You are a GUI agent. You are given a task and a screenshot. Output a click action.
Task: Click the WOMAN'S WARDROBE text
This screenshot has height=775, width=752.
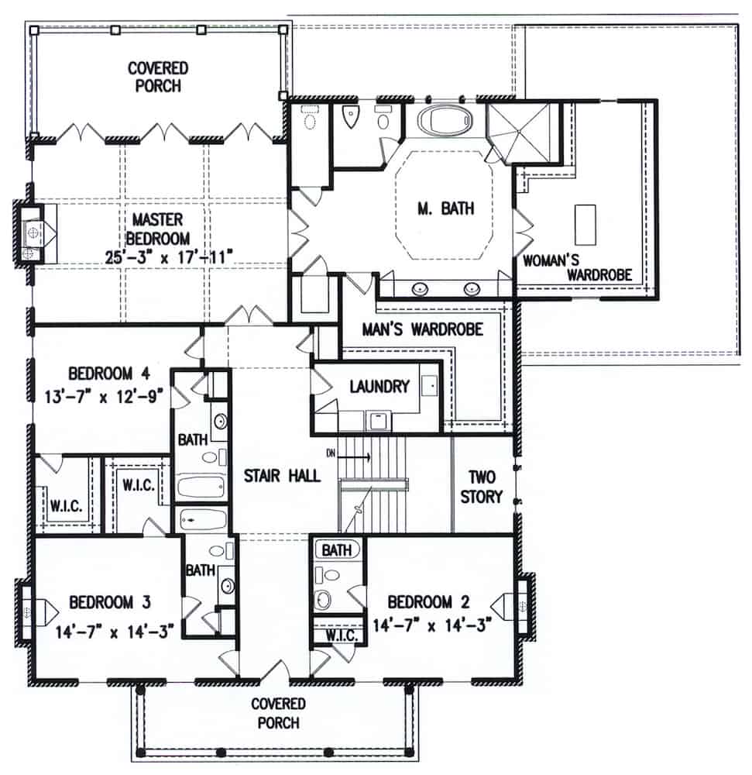(579, 266)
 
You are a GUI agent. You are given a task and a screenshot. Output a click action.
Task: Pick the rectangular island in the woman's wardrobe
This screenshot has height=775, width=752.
(585, 225)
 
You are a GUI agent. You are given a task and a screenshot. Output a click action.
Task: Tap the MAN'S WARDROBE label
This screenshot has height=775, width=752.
(423, 329)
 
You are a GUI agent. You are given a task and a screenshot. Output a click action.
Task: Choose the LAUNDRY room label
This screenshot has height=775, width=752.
(379, 386)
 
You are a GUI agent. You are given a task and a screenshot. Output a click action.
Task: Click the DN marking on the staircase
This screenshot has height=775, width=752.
(331, 453)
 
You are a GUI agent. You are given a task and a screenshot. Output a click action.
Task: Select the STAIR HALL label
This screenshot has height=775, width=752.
(282, 475)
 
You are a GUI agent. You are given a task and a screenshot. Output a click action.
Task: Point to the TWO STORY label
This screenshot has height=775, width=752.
(482, 486)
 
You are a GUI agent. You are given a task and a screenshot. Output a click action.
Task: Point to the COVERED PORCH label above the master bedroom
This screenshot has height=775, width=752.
(155, 77)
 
